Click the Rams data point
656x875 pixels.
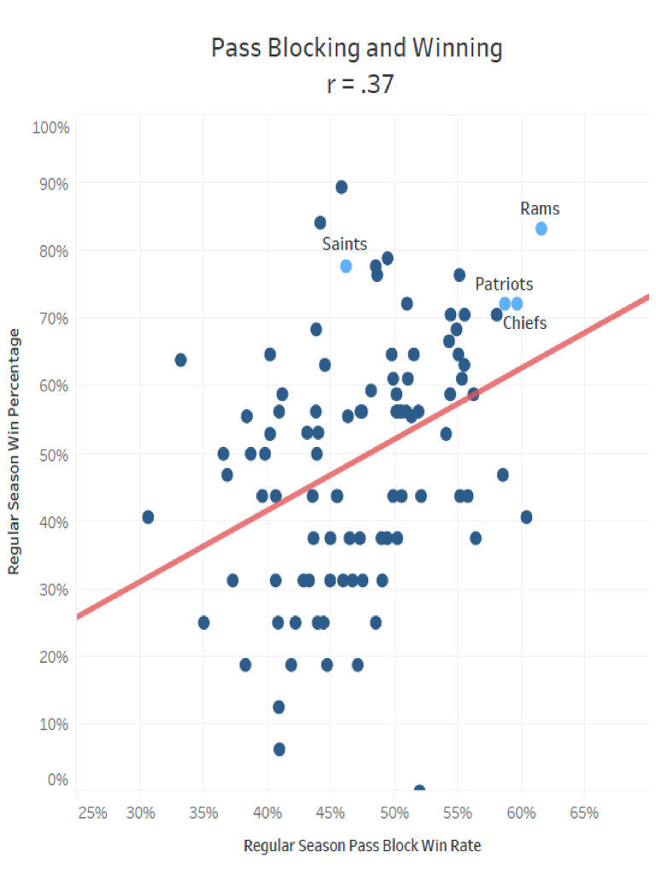pos(541,228)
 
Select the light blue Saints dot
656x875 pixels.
pos(346,266)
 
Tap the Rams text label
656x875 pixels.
pos(540,208)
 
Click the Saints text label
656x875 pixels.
pos(344,244)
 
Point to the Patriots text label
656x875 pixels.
pos(504,284)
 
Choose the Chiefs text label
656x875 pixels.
pos(524,322)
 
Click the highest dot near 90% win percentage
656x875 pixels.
pos(342,187)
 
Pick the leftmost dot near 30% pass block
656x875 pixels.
pos(148,517)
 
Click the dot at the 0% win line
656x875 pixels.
pos(419,790)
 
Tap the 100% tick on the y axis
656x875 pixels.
pos(50,128)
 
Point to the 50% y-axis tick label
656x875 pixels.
pos(53,454)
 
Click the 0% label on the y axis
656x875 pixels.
pos(57,779)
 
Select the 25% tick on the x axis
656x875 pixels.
pos(91,812)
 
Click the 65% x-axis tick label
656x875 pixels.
pos(583,812)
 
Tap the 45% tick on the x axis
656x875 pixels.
pos(331,812)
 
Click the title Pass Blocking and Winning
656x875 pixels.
pos(357,48)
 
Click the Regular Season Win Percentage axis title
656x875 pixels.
pos(15,451)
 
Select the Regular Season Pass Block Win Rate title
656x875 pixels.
pos(362,846)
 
